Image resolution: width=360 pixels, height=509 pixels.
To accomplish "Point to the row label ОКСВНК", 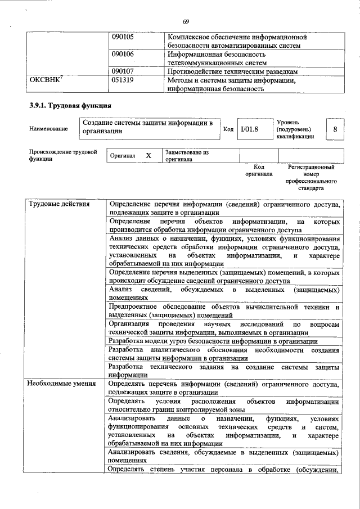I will pos(46,80).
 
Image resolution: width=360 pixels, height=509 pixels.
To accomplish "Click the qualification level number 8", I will pos(335,129).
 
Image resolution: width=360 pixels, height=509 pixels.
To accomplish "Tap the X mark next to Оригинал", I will pos(148,155).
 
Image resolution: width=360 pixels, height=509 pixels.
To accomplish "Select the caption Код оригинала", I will pos(259,170).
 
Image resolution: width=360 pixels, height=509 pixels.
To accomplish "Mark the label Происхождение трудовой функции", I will pos(63,155).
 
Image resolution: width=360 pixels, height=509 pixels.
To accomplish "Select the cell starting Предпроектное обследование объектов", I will pos(224,311).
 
